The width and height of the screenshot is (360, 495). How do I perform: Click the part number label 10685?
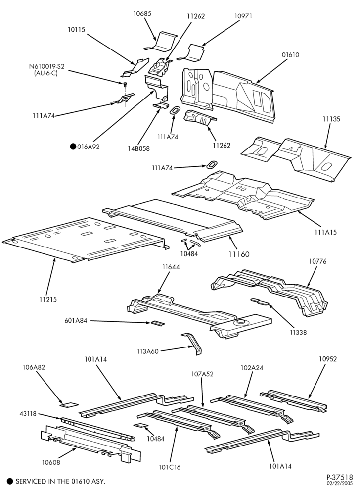coord(142,13)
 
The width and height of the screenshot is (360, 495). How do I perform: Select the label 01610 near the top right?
coord(290,55)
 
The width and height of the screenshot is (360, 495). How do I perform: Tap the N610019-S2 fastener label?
coord(46,67)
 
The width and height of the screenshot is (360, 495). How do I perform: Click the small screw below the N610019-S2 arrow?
coord(125,84)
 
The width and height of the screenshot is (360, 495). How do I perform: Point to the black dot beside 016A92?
coord(73,147)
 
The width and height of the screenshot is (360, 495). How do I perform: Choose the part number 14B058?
coord(139,148)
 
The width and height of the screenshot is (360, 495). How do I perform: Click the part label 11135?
coord(331,119)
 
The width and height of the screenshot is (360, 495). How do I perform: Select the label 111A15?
coord(326,232)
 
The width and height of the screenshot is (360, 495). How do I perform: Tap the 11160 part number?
coord(239,254)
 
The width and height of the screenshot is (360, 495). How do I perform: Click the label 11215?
coord(48,299)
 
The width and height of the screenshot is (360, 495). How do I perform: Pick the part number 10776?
coord(317,261)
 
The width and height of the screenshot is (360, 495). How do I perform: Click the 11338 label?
coord(298,332)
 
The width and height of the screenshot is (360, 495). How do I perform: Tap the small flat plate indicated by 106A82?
coord(69,404)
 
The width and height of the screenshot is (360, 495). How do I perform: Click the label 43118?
coord(28,414)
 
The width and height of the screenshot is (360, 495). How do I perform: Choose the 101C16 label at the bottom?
coord(170,467)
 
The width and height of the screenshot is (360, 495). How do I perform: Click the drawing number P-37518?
coord(340,477)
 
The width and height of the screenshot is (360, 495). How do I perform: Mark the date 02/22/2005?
coord(340,483)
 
